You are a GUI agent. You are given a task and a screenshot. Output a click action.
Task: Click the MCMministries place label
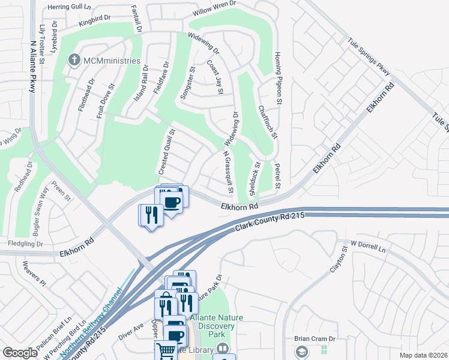pos(112,61)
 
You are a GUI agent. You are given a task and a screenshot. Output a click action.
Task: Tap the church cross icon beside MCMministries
pos(74,60)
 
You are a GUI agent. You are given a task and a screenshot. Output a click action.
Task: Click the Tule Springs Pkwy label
pos(369,58)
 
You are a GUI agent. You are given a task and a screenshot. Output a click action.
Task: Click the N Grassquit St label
pos(228,172)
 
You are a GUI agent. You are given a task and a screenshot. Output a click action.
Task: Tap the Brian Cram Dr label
pos(314,338)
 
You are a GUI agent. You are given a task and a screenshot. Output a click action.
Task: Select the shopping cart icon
pos(166,350)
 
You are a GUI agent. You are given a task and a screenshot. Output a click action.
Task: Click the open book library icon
pos(222,349)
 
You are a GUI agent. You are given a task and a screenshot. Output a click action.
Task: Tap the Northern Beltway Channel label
pos(96,324)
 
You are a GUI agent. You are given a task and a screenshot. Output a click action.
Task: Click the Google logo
pos(20,353)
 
